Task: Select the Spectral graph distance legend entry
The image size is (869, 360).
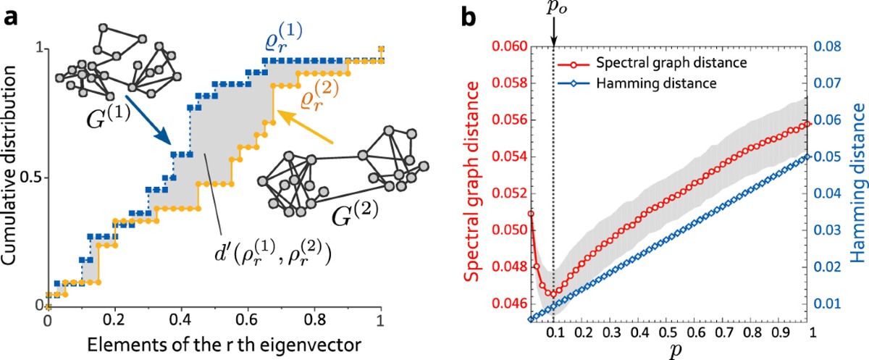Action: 668,63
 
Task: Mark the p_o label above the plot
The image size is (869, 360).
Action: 553,9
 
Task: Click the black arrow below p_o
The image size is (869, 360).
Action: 553,33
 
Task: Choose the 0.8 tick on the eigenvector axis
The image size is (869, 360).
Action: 314,319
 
